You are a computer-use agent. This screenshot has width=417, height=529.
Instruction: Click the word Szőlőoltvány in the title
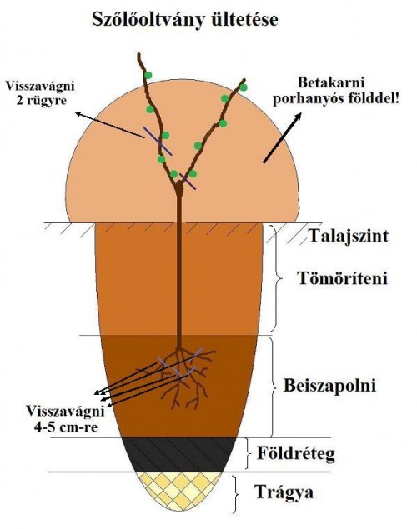(x=148, y=20)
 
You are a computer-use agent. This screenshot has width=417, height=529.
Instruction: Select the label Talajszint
(x=349, y=236)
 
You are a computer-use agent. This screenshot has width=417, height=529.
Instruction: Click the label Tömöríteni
(x=343, y=279)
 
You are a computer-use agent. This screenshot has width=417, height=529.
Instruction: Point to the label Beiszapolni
(x=329, y=385)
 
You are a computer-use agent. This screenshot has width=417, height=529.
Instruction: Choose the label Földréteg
(x=296, y=453)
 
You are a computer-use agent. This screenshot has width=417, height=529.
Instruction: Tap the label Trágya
(x=284, y=492)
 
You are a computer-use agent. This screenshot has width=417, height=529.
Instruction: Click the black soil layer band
(x=179, y=455)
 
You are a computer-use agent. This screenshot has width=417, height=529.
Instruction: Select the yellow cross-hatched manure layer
(x=179, y=489)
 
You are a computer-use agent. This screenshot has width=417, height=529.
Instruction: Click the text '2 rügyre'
(x=41, y=101)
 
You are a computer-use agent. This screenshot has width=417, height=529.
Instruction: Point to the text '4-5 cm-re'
(x=66, y=427)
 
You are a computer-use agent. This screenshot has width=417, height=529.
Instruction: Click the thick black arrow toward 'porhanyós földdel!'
(x=282, y=138)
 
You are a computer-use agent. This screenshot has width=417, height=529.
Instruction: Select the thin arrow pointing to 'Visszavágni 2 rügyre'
(x=110, y=125)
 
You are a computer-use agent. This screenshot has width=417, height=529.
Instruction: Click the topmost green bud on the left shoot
(x=148, y=76)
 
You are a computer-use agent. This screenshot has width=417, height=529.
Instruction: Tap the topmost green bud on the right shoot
(x=243, y=87)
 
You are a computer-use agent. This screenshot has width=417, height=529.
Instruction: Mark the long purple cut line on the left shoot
(x=158, y=141)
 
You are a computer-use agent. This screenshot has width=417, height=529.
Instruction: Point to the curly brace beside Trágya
(x=236, y=493)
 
